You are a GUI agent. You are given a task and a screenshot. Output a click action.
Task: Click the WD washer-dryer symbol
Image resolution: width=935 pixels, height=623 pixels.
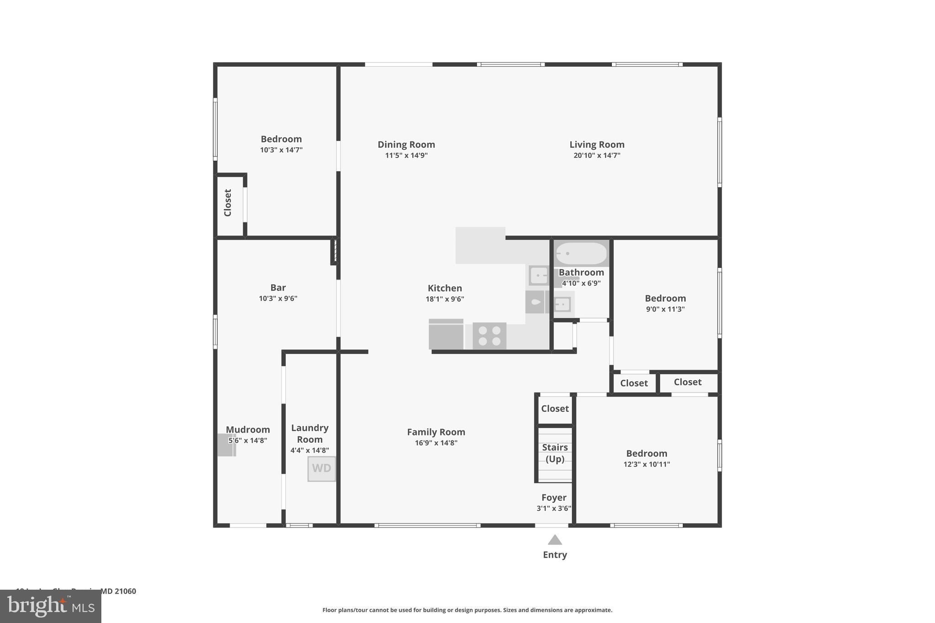click(321, 469)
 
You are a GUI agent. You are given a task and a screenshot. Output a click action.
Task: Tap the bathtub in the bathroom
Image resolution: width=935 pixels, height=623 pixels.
click(581, 253)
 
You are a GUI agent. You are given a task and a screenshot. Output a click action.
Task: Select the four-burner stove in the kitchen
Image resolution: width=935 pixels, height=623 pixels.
click(489, 336)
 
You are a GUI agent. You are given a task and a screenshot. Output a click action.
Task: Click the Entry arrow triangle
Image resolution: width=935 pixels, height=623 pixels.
click(555, 540)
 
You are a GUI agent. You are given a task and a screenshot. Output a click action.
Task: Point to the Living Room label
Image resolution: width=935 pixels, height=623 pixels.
click(597, 145)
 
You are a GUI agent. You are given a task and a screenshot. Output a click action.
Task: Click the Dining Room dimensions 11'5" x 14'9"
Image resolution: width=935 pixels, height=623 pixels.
click(406, 156)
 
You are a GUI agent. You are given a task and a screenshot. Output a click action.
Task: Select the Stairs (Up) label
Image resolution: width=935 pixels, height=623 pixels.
click(555, 453)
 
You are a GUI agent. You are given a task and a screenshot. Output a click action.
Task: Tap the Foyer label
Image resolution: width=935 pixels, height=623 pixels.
click(554, 497)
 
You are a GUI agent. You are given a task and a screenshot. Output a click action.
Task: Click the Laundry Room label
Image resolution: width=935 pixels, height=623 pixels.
click(310, 434)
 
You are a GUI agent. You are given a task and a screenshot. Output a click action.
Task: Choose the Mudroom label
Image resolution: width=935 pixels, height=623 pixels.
click(248, 429)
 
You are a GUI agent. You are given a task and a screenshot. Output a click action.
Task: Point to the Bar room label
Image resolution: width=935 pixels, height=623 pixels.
click(278, 288)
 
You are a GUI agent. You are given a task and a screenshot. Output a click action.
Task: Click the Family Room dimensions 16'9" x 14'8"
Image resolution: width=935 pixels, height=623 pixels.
click(436, 443)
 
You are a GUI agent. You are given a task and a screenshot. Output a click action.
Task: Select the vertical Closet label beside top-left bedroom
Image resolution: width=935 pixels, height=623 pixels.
click(228, 203)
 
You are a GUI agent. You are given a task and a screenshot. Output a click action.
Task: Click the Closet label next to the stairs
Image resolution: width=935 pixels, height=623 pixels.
click(555, 408)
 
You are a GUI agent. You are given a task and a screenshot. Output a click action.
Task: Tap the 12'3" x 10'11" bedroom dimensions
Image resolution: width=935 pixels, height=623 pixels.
click(646, 465)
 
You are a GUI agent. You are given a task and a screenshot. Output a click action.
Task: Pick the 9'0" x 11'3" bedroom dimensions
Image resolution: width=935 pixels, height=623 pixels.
click(665, 309)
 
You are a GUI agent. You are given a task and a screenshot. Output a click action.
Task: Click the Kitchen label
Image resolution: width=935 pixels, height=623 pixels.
click(445, 288)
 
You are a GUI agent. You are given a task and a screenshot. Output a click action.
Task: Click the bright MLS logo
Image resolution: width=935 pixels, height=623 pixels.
click(51, 607)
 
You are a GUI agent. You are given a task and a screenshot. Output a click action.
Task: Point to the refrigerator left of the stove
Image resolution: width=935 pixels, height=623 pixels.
click(446, 335)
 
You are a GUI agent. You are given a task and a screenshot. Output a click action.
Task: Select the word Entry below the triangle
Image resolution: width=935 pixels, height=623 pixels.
click(555, 555)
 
